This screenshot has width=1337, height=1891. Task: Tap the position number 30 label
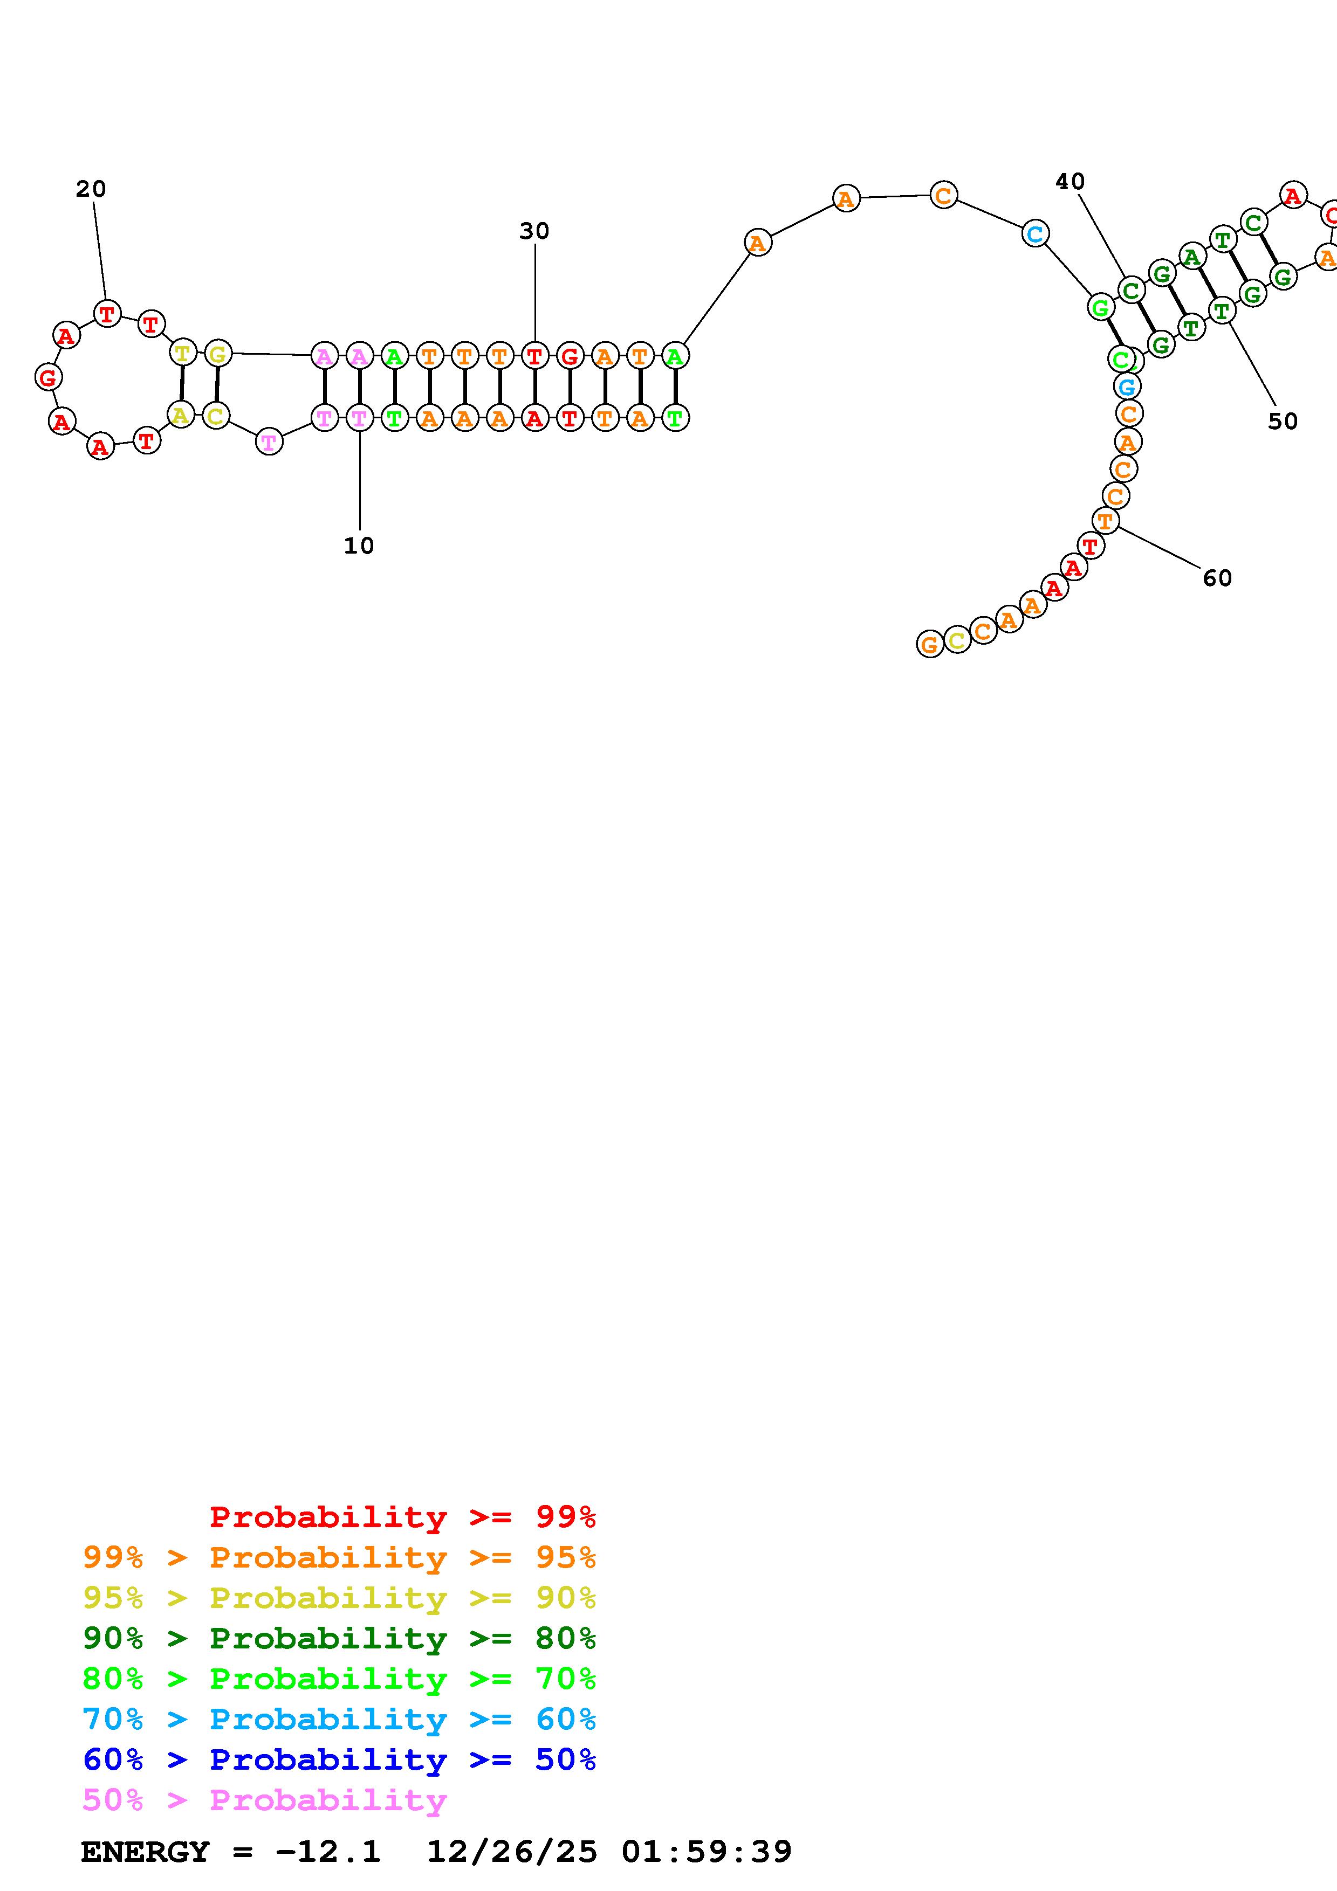pyautogui.click(x=534, y=231)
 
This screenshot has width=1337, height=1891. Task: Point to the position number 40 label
pyautogui.click(x=1069, y=181)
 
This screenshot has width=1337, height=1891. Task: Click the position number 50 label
pyautogui.click(x=1282, y=421)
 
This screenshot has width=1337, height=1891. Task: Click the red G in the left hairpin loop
pyautogui.click(x=49, y=377)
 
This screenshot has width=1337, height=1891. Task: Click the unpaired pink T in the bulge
pyautogui.click(x=269, y=442)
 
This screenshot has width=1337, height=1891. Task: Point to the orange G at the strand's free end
pyautogui.click(x=929, y=644)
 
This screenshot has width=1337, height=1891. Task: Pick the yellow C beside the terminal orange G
pyautogui.click(x=956, y=639)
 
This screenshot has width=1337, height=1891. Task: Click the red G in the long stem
pyautogui.click(x=569, y=357)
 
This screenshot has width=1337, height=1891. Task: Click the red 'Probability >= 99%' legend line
pyautogui.click(x=402, y=1516)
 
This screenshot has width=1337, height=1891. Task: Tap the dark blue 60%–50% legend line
pyautogui.click(x=339, y=1759)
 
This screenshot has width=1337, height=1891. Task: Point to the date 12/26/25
pyautogui.click(x=511, y=1852)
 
